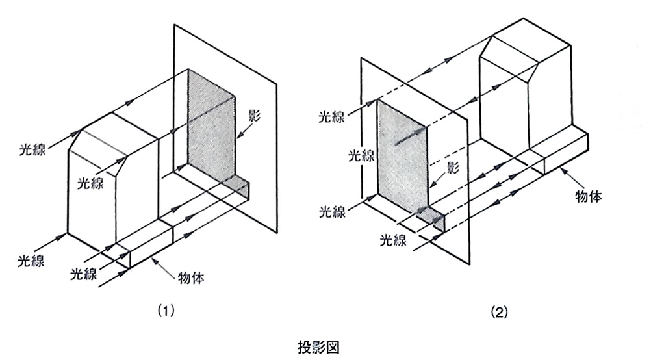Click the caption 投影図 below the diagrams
(x=318, y=347)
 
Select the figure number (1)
(x=165, y=311)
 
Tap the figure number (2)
(x=499, y=311)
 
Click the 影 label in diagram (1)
(x=254, y=115)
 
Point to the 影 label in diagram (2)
(x=453, y=168)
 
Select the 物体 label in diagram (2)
(x=589, y=196)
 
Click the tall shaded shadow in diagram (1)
(x=212, y=125)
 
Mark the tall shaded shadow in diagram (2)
(x=402, y=156)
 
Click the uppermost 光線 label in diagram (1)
(x=32, y=149)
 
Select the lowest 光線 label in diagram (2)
(x=393, y=240)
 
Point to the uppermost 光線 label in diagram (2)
(x=332, y=117)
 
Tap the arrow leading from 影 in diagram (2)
(x=439, y=179)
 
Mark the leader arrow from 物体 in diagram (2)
(x=570, y=177)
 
